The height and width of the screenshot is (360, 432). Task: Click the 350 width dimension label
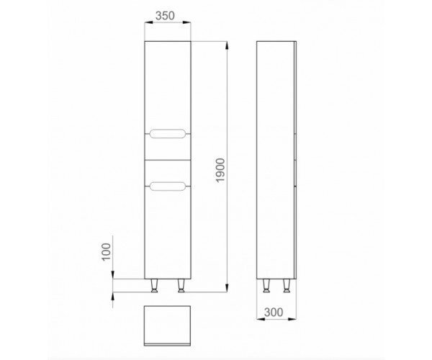165,16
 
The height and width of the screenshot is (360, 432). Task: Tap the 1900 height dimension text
221,170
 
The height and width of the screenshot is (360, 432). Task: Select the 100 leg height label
106,252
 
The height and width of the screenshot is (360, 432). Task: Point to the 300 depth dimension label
274,312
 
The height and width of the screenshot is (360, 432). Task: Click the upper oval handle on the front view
168,133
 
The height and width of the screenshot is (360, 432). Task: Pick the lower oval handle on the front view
168,186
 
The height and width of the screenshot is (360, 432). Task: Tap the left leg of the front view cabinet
155,285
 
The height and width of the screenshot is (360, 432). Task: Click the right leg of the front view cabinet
181,285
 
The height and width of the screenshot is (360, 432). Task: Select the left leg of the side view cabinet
266,285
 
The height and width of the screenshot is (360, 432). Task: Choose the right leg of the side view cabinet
287,285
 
